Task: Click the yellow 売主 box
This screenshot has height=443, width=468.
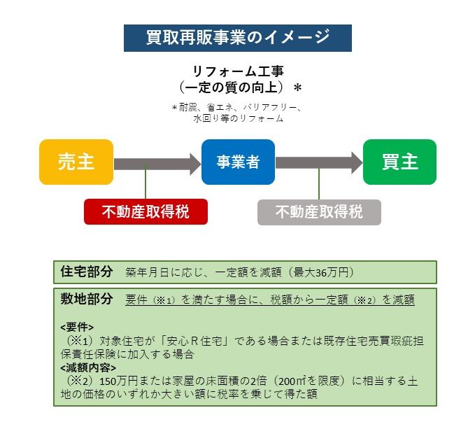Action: pos(76,162)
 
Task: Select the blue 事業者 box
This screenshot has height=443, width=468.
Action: pos(238,162)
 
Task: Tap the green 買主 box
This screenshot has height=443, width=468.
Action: pos(399,162)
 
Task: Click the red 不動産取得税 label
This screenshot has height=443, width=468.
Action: pos(146,211)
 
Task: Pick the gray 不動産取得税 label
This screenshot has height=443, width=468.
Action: pos(319,212)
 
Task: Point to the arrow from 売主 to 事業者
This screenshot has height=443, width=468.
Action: pos(157,164)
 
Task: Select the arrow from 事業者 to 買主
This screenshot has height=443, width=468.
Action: pos(319,163)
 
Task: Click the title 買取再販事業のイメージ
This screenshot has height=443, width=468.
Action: pos(238,38)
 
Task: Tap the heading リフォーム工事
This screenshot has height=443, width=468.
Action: pos(238,71)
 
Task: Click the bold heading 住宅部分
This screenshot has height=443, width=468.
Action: pos(87,272)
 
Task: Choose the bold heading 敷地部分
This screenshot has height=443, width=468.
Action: pos(87,299)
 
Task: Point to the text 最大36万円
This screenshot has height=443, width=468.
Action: pos(321,272)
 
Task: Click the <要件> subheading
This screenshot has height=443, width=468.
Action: pos(77,328)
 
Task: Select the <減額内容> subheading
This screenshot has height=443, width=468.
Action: pos(88,368)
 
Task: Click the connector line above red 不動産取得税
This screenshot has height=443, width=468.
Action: pos(146,181)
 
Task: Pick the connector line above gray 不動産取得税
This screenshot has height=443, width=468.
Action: pos(319,183)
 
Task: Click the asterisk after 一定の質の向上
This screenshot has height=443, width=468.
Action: pos(298,88)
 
